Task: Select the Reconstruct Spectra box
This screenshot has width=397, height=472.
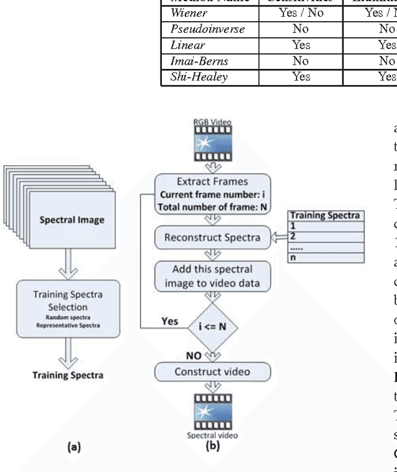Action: point(212,238)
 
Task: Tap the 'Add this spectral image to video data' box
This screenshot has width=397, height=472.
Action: point(212,276)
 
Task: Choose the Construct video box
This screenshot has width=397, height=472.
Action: point(212,372)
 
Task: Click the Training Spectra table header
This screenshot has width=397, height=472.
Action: point(326,216)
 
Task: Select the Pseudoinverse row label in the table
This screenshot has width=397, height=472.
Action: point(198,29)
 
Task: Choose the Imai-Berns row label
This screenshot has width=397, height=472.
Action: point(194,61)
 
